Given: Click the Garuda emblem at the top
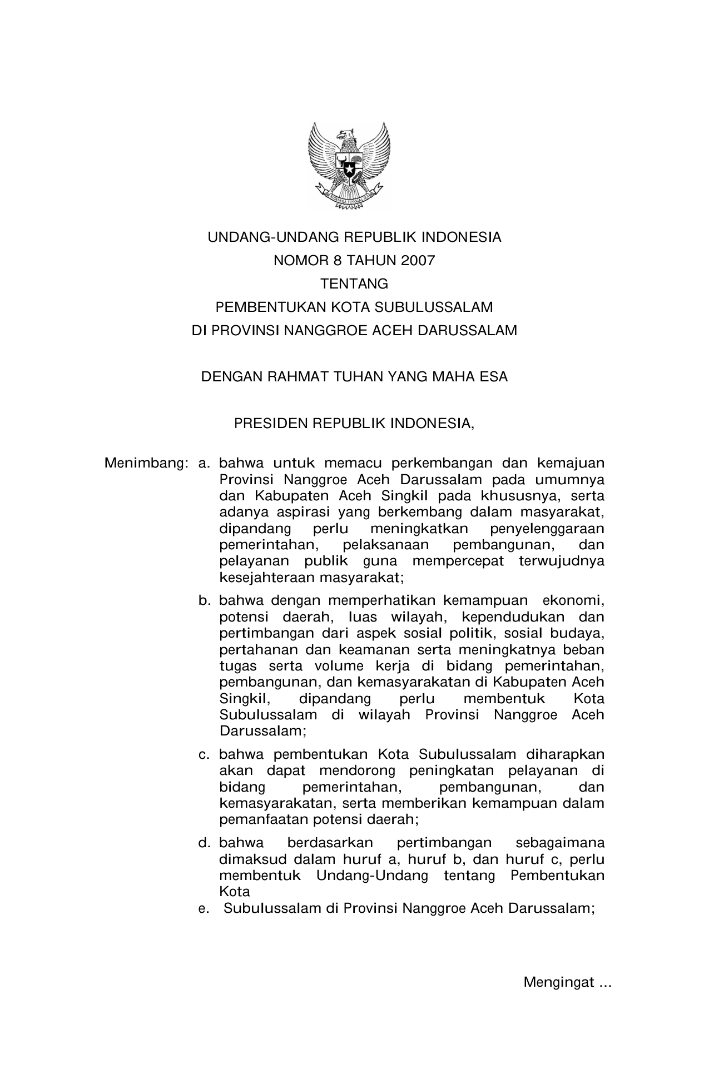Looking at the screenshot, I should point(349,166).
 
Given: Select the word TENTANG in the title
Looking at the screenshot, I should point(354,284).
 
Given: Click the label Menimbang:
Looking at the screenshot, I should point(147,463).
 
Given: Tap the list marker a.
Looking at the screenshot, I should point(205,463).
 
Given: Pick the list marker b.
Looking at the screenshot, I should point(205,600).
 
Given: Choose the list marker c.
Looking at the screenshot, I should point(205,755).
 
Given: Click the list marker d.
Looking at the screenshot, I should point(205,843).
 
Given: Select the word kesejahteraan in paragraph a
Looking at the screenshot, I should point(267,578).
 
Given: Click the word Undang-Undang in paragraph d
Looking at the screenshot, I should point(372,876).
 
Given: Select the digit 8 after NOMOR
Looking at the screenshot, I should point(321,261).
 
